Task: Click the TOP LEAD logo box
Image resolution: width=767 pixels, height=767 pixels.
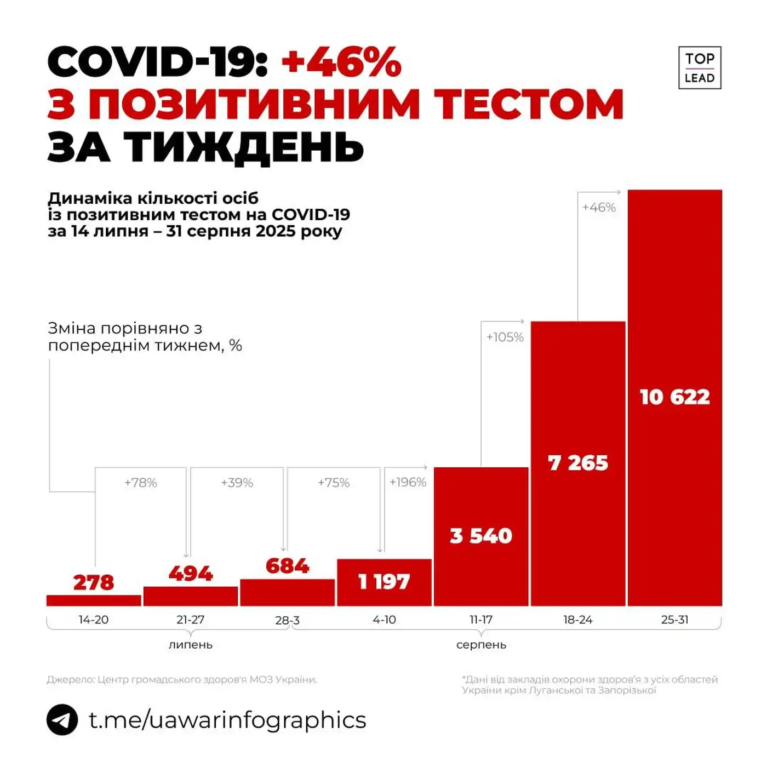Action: pyautogui.click(x=700, y=68)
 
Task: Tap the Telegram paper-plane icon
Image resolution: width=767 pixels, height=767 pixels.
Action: pyautogui.click(x=62, y=719)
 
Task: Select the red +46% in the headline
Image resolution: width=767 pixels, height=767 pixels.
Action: pyautogui.click(x=342, y=62)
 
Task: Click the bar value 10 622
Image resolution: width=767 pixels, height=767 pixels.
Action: pyautogui.click(x=674, y=397)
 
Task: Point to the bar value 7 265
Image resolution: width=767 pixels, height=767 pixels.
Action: pyautogui.click(x=578, y=463)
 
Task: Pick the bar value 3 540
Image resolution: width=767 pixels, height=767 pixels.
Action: pyautogui.click(x=481, y=535)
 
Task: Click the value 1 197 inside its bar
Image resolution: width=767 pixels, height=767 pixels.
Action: pyautogui.click(x=384, y=581)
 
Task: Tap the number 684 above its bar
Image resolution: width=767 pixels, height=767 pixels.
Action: pyautogui.click(x=287, y=565)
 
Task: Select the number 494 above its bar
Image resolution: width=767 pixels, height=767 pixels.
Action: pyautogui.click(x=191, y=573)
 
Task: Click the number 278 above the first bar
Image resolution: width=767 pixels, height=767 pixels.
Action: pyautogui.click(x=94, y=582)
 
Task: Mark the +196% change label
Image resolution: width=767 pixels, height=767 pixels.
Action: pyautogui.click(x=408, y=482)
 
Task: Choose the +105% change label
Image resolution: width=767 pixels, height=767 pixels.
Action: pyautogui.click(x=505, y=337)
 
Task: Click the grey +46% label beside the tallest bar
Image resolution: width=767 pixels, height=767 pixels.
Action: pyautogui.click(x=599, y=207)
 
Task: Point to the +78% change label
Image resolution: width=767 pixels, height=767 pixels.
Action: pyautogui.click(x=141, y=483)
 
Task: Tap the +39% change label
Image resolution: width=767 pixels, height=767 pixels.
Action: pyautogui.click(x=237, y=483)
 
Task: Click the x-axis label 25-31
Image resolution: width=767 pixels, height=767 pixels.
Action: pyautogui.click(x=674, y=620)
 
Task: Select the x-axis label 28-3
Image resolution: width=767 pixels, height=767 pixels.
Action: pyautogui.click(x=287, y=620)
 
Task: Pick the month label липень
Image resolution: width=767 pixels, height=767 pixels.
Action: pyautogui.click(x=190, y=645)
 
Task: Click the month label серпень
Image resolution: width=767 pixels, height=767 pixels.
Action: pyautogui.click(x=481, y=645)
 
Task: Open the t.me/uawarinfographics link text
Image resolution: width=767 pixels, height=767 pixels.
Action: pyautogui.click(x=227, y=719)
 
